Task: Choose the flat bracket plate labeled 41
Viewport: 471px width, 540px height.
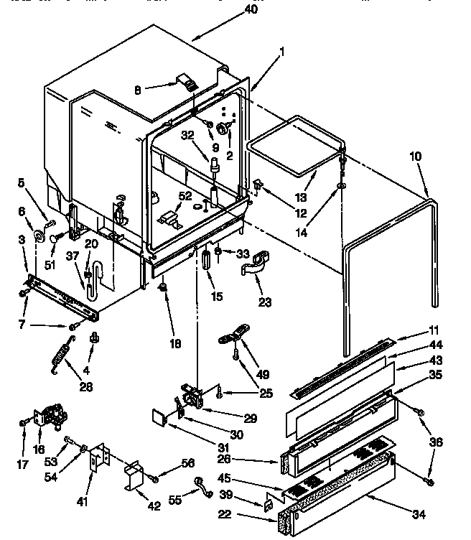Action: point(96,459)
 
